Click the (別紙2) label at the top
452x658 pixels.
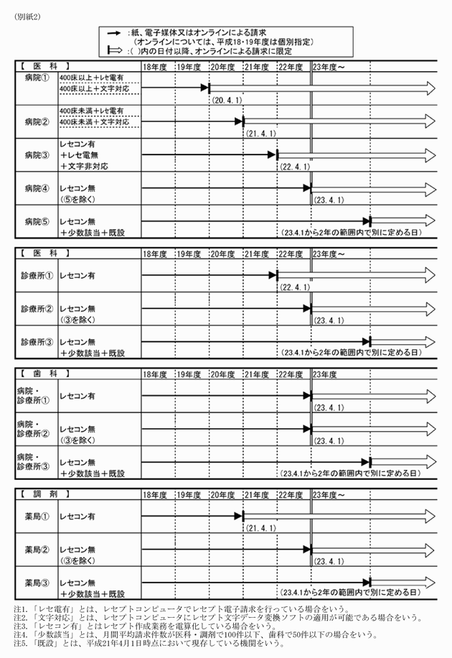click(27, 18)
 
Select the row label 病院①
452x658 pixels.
click(37, 77)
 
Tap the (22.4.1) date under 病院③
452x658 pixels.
click(294, 167)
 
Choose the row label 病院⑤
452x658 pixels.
click(37, 221)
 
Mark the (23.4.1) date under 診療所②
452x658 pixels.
click(330, 321)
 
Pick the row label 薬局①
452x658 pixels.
click(37, 516)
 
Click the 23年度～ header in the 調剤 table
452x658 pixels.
click(331, 496)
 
